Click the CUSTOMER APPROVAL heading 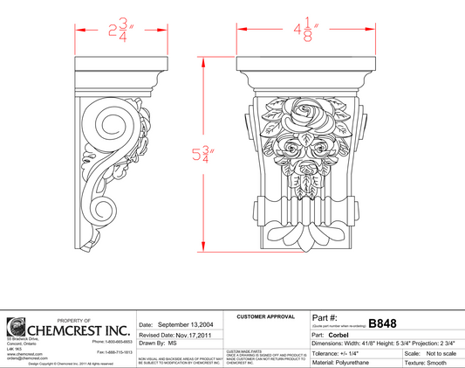(266, 315)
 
